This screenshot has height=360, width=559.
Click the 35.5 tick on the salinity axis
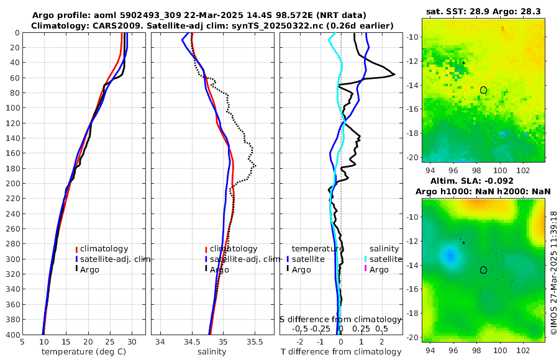(x=255, y=341)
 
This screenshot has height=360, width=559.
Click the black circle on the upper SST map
(x=483, y=90)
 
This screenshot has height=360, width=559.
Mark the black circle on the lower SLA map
(x=483, y=270)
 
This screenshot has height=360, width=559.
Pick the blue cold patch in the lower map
(x=448, y=254)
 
